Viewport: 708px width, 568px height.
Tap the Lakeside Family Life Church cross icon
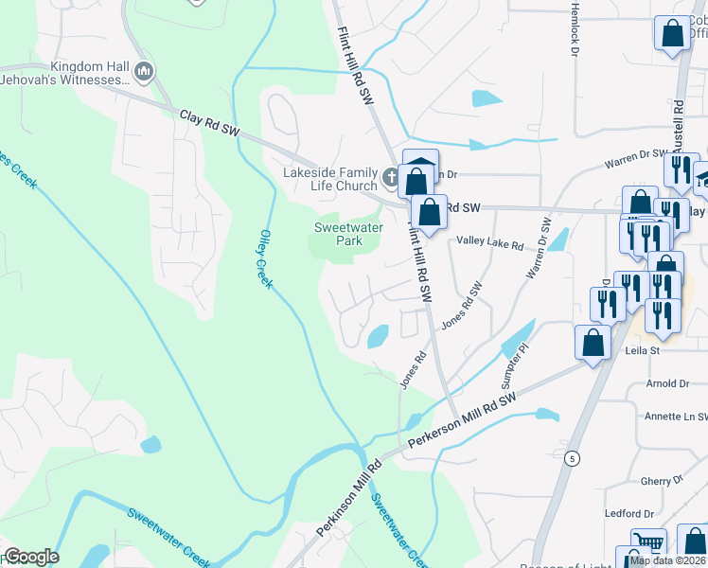[390, 176]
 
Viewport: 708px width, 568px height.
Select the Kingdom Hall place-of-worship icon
[144, 70]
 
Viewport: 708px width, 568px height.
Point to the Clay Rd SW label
[210, 123]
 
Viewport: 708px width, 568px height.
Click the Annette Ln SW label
[675, 416]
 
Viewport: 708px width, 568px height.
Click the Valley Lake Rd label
[489, 243]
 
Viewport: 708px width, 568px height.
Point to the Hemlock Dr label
[574, 34]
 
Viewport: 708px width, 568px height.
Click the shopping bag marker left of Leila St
[593, 343]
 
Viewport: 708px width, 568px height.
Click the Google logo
[30, 557]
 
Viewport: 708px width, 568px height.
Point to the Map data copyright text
[668, 560]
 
